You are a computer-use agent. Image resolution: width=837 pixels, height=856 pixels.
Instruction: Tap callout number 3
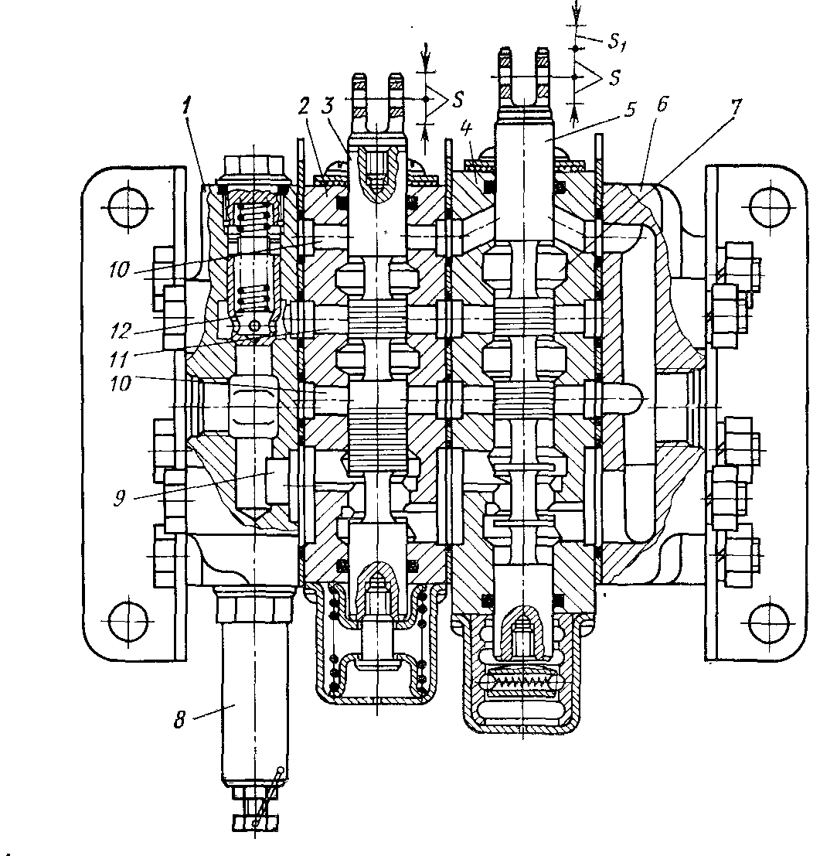coord(328,107)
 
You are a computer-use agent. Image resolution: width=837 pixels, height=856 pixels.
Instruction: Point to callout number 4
coord(466,130)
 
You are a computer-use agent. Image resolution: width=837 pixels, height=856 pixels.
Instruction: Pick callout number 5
coord(631,110)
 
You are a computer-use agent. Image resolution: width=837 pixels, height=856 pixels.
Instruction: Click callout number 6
coord(662,104)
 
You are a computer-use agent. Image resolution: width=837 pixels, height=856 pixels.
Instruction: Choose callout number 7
coord(737,107)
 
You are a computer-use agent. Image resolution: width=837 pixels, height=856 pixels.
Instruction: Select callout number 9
coord(120,497)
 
